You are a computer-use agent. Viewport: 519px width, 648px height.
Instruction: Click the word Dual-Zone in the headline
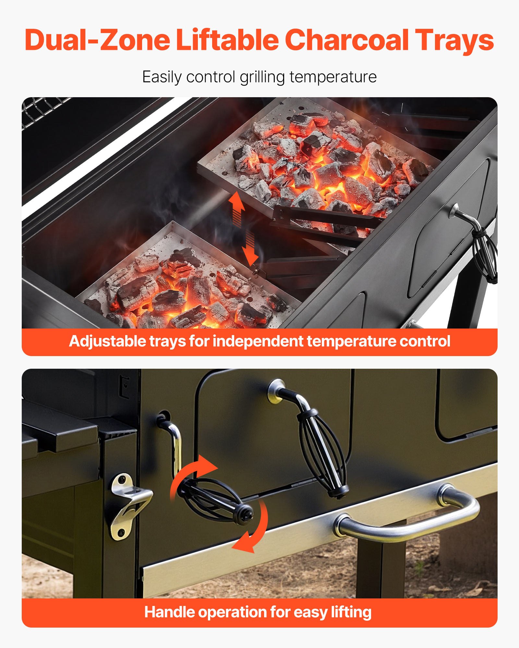point(97,40)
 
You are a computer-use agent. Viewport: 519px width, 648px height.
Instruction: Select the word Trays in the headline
point(454,40)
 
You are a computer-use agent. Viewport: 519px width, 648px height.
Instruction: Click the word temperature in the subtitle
point(333,77)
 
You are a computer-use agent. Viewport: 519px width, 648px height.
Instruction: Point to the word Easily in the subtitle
point(162,77)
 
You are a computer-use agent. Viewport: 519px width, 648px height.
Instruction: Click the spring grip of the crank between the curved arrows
point(214,499)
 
